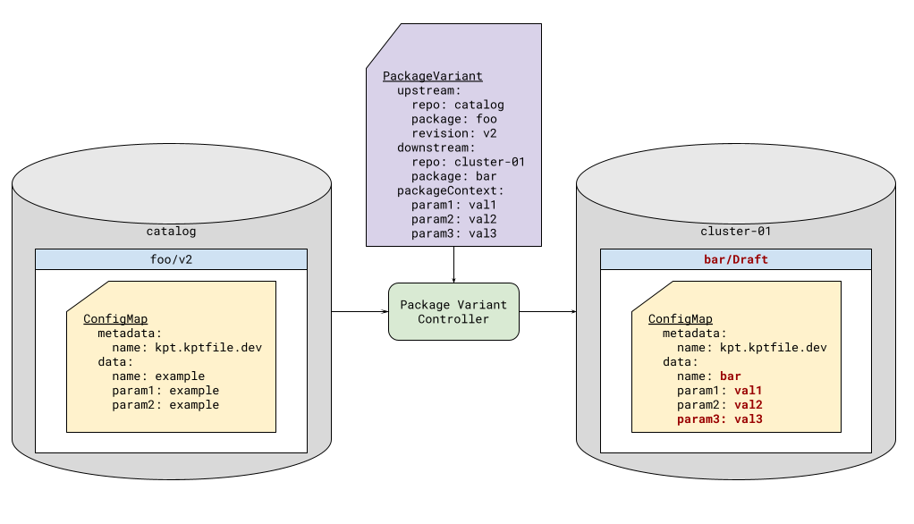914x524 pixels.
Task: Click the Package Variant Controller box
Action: pyautogui.click(x=453, y=312)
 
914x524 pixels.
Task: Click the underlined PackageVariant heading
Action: pyautogui.click(x=432, y=77)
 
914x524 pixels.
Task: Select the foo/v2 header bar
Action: pyautogui.click(x=171, y=259)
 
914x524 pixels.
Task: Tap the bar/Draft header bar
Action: pyautogui.click(x=735, y=259)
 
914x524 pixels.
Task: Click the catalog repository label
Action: pyautogui.click(x=171, y=231)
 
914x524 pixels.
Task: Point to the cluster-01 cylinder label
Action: pyautogui.click(x=735, y=231)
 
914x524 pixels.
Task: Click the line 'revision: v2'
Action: pyautogui.click(x=453, y=133)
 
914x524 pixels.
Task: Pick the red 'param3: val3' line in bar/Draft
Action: pyautogui.click(x=719, y=418)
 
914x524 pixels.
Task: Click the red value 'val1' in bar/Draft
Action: pyautogui.click(x=748, y=391)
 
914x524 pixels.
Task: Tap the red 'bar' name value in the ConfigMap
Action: pyautogui.click(x=730, y=376)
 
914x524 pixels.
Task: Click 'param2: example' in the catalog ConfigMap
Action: pyautogui.click(x=165, y=405)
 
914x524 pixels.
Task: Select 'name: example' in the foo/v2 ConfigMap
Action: pyautogui.click(x=157, y=376)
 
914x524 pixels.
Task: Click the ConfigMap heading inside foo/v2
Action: pyautogui.click(x=115, y=319)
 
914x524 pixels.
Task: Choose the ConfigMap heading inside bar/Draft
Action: pyautogui.click(x=680, y=319)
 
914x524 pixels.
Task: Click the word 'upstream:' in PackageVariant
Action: pyautogui.click(x=428, y=90)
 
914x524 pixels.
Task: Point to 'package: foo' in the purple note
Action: pyautogui.click(x=453, y=119)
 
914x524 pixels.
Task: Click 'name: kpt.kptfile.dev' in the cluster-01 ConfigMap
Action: pyautogui.click(x=751, y=348)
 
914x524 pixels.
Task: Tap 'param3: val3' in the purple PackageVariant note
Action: pyautogui.click(x=453, y=233)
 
